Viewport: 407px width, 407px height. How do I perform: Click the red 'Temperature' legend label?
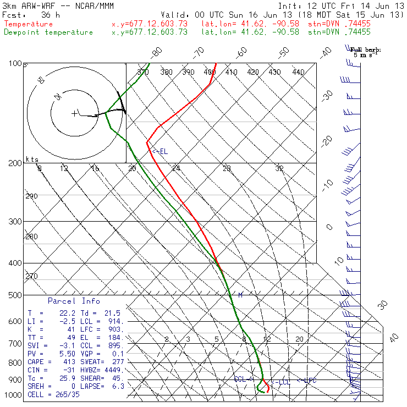(x=29, y=24)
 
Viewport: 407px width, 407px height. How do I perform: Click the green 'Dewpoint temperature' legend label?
(x=48, y=32)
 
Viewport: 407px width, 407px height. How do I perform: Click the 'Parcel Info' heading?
(x=74, y=301)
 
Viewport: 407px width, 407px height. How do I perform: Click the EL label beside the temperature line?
(x=162, y=151)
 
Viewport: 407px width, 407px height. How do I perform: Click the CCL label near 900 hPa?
(x=240, y=379)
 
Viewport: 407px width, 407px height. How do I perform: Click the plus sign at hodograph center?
(x=74, y=113)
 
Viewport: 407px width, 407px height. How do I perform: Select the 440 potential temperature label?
(x=298, y=72)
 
